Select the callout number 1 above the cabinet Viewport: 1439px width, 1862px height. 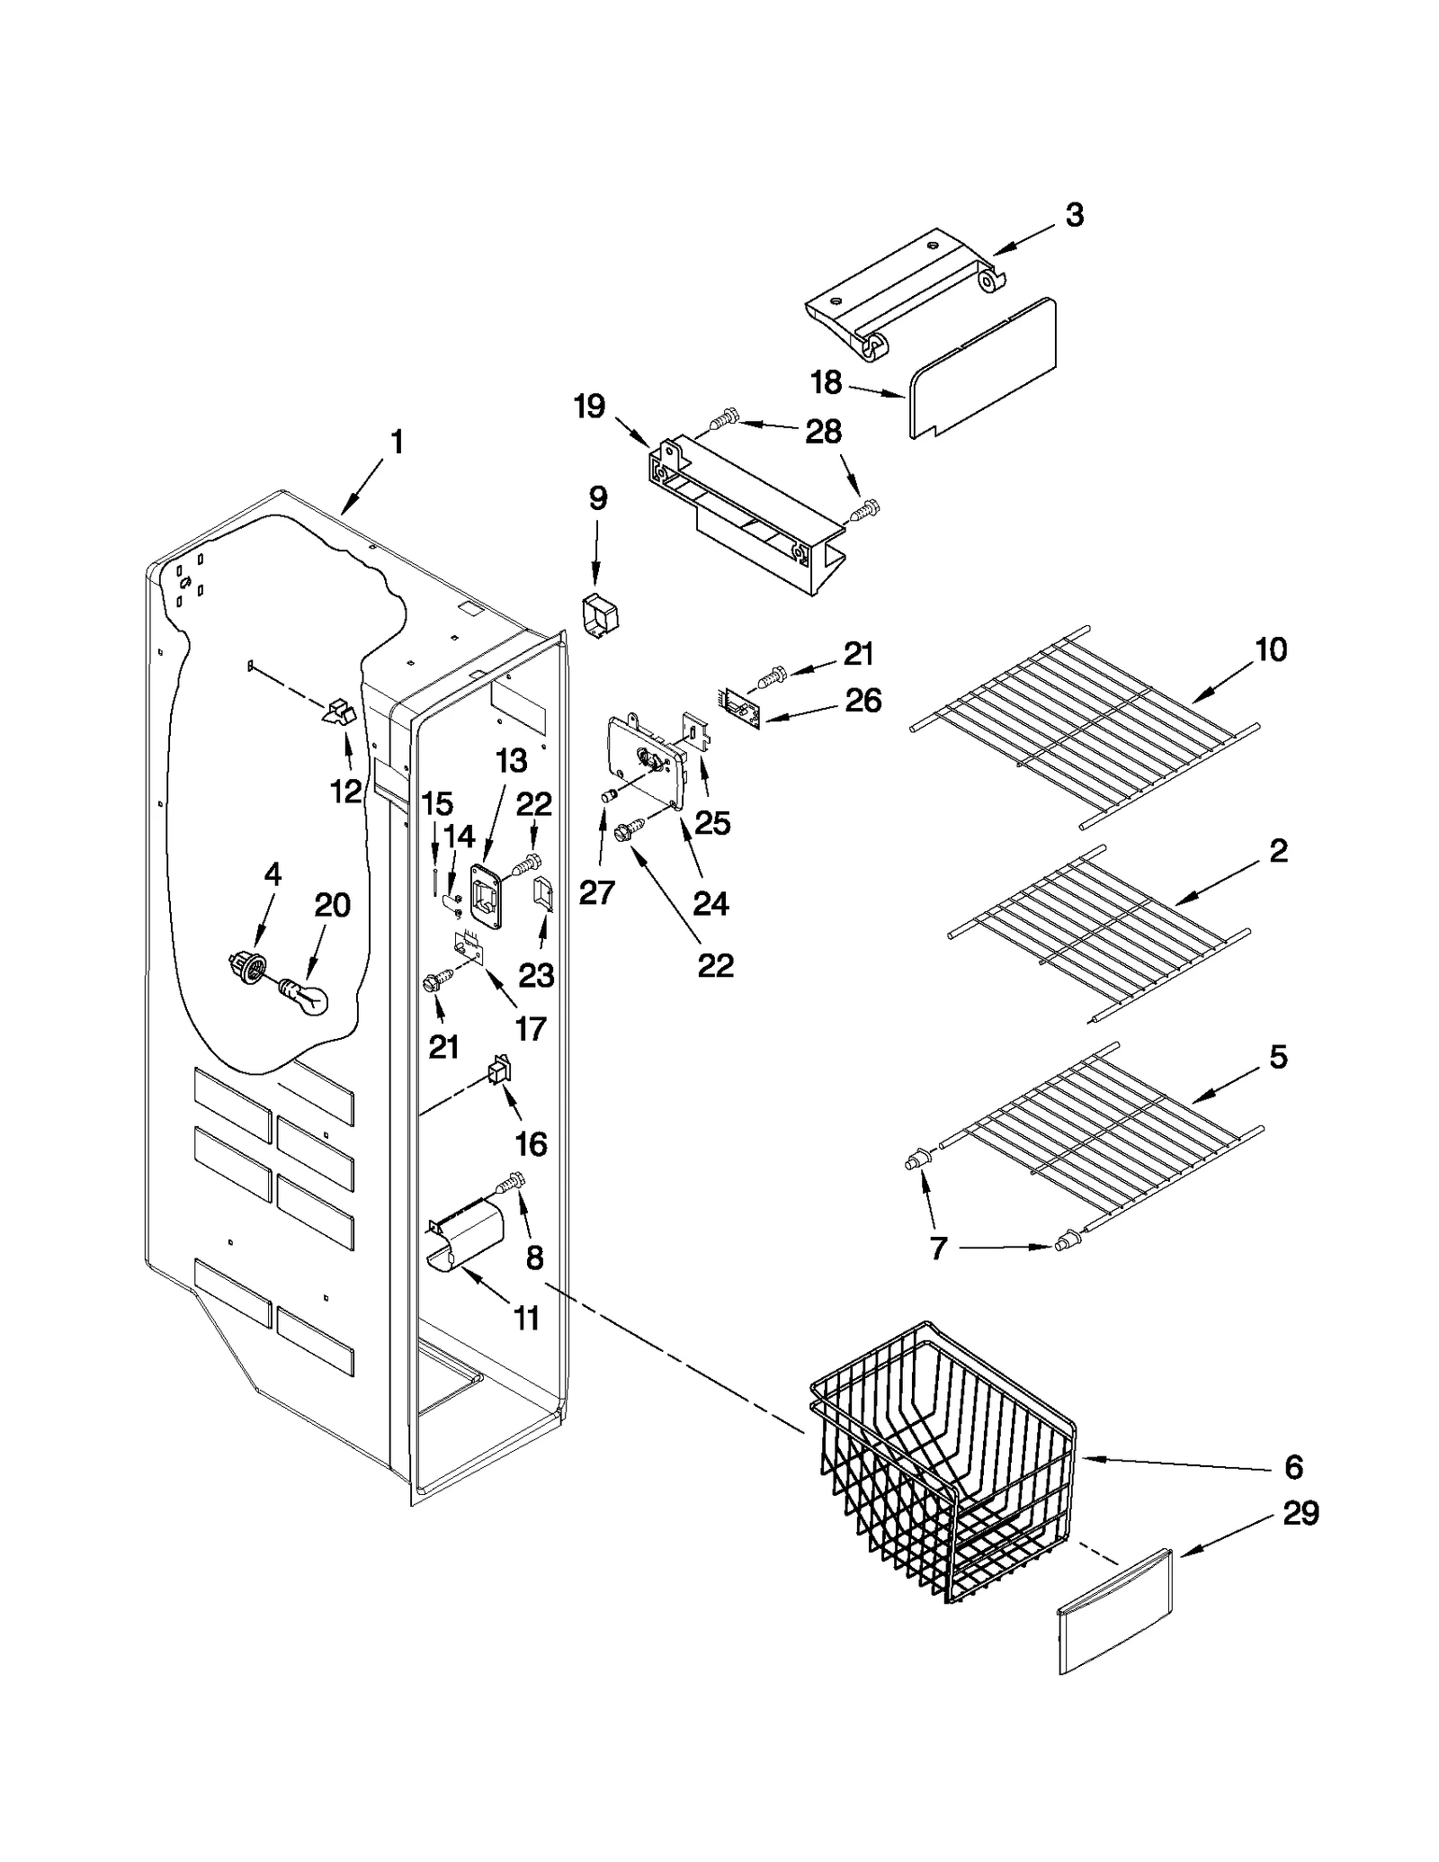(397, 443)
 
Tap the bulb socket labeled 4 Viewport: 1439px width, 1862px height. (247, 969)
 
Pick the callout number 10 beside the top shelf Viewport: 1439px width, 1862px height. (1271, 649)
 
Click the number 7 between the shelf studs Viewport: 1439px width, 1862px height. (938, 1248)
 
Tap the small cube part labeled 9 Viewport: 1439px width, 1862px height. (599, 615)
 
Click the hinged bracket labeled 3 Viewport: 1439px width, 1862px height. (904, 292)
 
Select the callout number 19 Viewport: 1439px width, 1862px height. (589, 407)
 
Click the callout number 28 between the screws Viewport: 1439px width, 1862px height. (823, 432)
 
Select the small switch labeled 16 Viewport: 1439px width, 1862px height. (497, 1072)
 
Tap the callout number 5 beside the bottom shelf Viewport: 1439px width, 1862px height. (1278, 1056)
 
